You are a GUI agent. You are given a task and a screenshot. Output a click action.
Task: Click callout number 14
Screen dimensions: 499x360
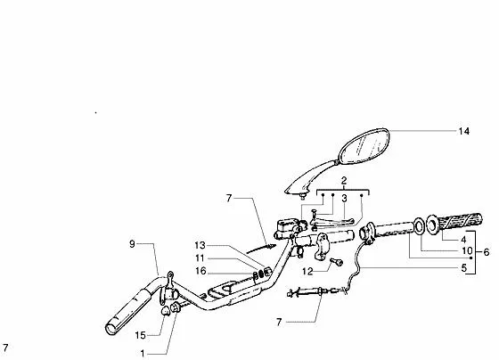tap(463, 131)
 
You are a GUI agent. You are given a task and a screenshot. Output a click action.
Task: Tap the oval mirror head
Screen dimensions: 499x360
tap(364, 146)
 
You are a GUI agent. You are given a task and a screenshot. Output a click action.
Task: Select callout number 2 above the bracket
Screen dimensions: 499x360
tap(344, 181)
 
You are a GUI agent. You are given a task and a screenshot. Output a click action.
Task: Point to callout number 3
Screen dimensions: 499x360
tap(344, 199)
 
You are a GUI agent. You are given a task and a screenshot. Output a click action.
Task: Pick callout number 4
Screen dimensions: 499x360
tap(463, 240)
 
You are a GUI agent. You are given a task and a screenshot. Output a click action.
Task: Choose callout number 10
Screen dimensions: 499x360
tap(467, 250)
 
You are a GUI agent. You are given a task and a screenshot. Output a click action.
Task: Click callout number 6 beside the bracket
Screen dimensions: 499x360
tap(487, 252)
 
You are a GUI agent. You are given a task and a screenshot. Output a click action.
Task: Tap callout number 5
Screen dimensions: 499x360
tap(464, 268)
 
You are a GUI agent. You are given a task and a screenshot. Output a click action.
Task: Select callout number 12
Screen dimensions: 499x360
tap(307, 272)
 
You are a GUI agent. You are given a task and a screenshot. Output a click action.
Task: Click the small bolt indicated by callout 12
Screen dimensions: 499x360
tap(337, 262)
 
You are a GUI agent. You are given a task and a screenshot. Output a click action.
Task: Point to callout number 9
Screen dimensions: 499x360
tap(132, 244)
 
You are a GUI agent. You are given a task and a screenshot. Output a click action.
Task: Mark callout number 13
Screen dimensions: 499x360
tap(200, 245)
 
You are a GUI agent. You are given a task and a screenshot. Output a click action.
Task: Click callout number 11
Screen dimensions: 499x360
tap(200, 258)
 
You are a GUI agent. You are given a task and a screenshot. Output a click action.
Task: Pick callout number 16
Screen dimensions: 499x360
tap(200, 271)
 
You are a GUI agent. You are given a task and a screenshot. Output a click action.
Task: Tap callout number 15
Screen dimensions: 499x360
tap(140, 335)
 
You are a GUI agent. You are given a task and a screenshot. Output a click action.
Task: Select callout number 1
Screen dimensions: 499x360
tap(143, 353)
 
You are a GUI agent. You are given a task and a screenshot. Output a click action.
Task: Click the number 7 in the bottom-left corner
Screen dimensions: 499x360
tap(5, 348)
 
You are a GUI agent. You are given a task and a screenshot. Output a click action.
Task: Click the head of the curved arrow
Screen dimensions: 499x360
tap(272, 246)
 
